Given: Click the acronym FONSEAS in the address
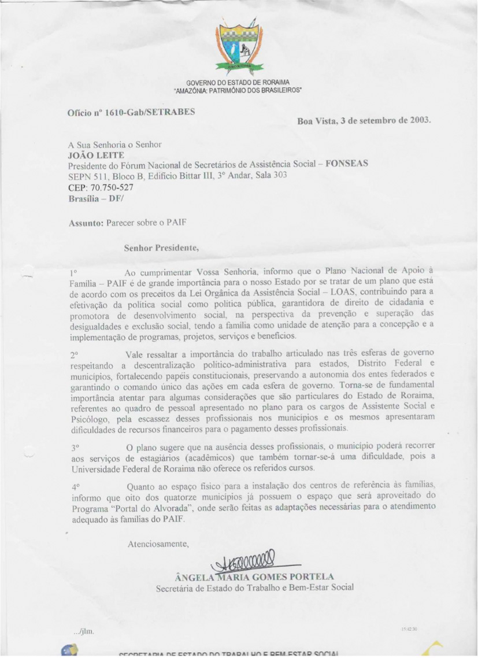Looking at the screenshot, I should pyautogui.click(x=347, y=164).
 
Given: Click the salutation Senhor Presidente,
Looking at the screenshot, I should pyautogui.click(x=161, y=249).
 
